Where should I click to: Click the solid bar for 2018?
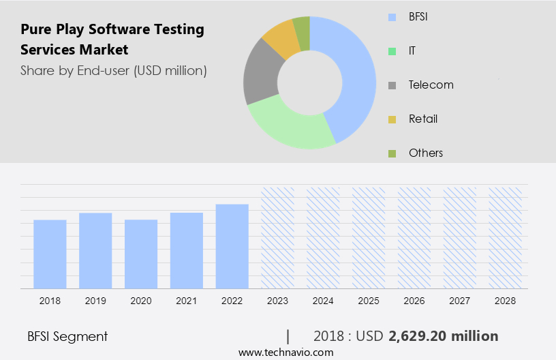tap(50, 254)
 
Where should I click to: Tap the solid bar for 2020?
tap(141, 254)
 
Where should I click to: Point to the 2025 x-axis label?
tap(369, 300)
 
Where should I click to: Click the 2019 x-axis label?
tap(95, 300)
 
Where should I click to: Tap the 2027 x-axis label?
tap(460, 300)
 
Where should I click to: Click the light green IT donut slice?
tap(286, 126)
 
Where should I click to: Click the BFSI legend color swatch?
tap(391, 17)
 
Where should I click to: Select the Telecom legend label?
tap(431, 85)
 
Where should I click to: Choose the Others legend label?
tap(426, 153)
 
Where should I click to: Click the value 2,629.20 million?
tap(443, 336)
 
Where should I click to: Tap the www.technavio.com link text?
tap(286, 352)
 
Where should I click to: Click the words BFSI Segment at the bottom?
tap(67, 336)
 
